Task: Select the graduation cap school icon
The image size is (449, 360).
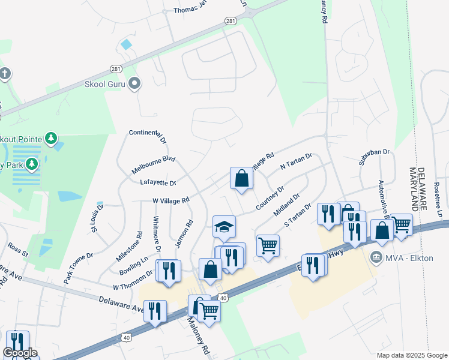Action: [x=224, y=227]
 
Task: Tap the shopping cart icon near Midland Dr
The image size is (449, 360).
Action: [x=267, y=244]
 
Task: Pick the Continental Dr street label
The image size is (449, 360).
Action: [x=147, y=136]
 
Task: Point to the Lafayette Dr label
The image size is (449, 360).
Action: [x=157, y=183]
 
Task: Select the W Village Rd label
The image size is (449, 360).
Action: [x=170, y=199]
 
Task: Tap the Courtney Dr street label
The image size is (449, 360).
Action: [x=270, y=199]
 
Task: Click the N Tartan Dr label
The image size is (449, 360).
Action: [x=297, y=161]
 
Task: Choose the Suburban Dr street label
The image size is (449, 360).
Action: [x=375, y=155]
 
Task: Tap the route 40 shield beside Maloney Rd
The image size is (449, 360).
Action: [x=223, y=297]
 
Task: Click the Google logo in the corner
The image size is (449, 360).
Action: [x=20, y=353]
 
